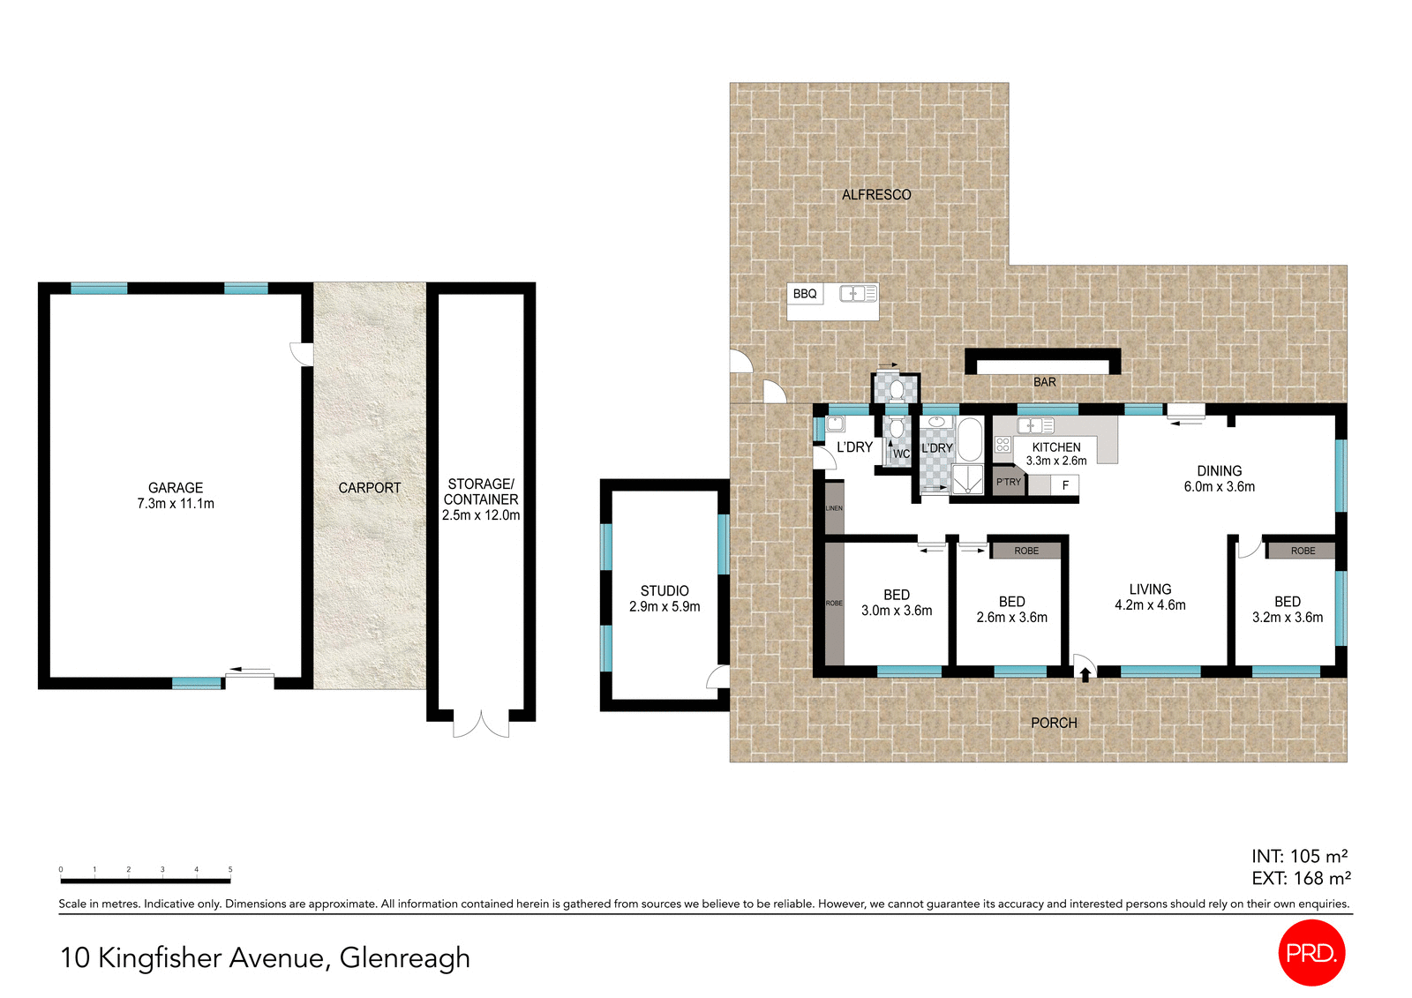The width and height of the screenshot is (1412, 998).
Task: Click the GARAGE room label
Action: click(176, 488)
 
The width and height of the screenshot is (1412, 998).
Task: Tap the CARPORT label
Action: click(369, 488)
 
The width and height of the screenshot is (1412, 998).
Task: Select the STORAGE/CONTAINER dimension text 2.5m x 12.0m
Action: click(481, 515)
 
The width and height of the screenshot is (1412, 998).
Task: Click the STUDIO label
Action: click(665, 591)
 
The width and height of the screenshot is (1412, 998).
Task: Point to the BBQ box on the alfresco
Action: click(805, 294)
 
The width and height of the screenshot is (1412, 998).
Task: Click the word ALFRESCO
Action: click(876, 195)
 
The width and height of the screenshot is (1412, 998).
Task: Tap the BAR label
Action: click(1044, 382)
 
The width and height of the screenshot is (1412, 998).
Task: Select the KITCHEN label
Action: click(1056, 447)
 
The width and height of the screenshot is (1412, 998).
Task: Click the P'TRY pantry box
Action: click(1009, 483)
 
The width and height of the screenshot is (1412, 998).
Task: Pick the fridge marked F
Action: click(1065, 485)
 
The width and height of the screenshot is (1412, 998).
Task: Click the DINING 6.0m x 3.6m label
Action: click(1219, 478)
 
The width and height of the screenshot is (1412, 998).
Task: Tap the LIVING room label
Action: click(1150, 589)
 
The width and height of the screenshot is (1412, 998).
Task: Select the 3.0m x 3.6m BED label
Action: click(897, 603)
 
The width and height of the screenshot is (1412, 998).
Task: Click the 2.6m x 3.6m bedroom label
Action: click(1011, 610)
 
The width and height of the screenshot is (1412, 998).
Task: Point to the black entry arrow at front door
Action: click(1085, 676)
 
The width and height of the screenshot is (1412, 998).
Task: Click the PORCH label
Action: click(1054, 723)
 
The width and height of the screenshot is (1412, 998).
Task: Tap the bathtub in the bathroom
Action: click(969, 439)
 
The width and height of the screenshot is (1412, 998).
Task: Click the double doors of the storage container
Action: click(481, 725)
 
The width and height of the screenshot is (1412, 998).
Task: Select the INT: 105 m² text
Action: click(1299, 856)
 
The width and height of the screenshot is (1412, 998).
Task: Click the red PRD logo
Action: click(1311, 953)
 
